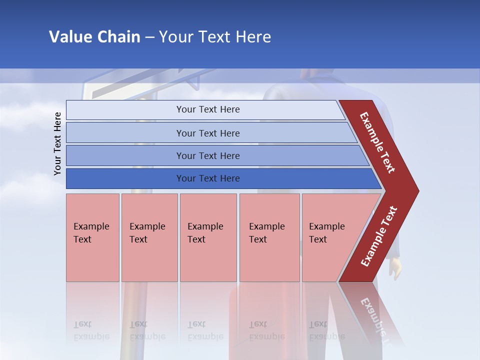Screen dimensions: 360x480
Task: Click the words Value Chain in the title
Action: click(94, 37)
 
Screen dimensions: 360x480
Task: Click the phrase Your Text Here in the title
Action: click(215, 37)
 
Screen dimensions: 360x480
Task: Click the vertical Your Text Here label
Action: click(57, 143)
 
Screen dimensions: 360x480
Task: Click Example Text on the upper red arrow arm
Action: click(377, 142)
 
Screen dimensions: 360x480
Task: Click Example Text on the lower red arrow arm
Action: click(378, 236)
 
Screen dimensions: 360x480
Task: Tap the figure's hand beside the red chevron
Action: click(395, 270)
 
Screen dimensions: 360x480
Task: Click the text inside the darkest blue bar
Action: click(208, 178)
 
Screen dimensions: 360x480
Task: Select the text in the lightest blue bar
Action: click(208, 109)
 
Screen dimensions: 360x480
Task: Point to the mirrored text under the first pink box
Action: click(91, 330)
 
